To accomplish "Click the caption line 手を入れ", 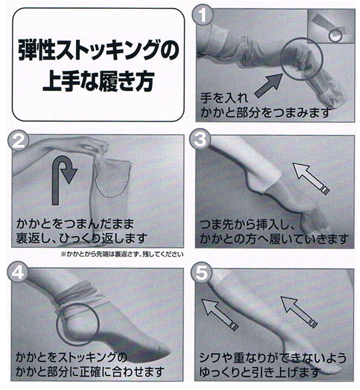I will (221, 99).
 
